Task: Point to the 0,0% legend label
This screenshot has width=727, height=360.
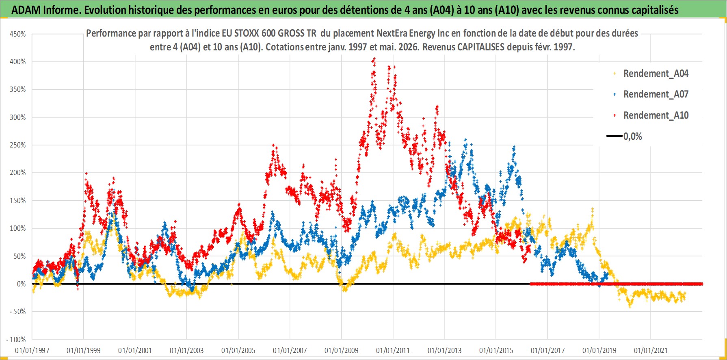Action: pos(633,137)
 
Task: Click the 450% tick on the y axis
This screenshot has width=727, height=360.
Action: pos(18,34)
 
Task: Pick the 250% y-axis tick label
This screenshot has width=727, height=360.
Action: pos(18,145)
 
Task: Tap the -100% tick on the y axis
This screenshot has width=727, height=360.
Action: pos(16,339)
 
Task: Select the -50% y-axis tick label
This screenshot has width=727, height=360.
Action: pos(17,312)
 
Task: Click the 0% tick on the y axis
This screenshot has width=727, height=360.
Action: pos(21,284)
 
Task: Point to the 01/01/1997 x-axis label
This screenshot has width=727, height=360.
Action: pos(32,350)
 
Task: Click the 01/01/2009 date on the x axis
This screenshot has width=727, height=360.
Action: pos(342,350)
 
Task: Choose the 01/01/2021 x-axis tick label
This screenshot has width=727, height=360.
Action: pos(651,350)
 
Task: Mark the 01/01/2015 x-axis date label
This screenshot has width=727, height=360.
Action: pos(496,350)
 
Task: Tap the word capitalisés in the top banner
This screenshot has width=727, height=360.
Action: pos(654,10)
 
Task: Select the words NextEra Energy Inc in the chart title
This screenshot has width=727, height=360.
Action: pos(412,33)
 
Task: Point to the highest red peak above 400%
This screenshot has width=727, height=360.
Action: pos(374,59)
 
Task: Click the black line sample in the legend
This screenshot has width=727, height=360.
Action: pos(614,136)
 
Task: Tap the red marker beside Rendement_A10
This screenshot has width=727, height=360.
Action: pos(614,115)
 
